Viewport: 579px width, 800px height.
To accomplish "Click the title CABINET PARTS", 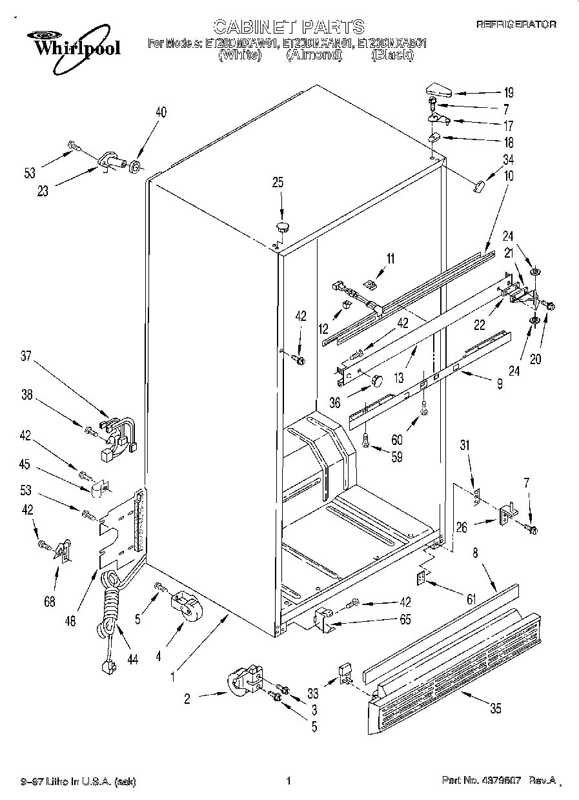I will pos(289,26).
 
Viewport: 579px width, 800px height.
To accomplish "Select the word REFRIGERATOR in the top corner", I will pos(516,25).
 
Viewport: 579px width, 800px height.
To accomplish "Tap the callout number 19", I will pos(509,92).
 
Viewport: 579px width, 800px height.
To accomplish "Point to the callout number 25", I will pos(278,183).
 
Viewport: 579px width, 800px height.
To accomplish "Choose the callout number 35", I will pos(495,708).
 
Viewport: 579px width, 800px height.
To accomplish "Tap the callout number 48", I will pos(70,622).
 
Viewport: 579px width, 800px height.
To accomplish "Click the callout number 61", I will pos(471,600).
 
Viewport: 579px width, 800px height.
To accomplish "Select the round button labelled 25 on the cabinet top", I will pos(283,225).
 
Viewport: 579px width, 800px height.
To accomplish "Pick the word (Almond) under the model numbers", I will pos(314,56).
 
